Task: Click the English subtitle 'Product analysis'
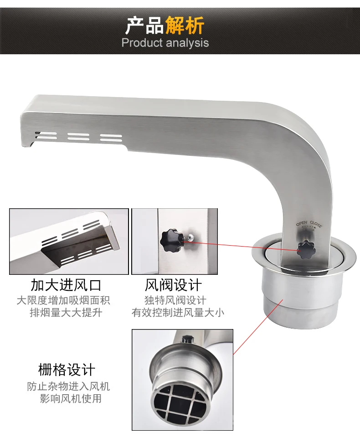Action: click(165, 43)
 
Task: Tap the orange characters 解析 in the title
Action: click(185, 26)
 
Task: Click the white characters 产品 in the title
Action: click(145, 26)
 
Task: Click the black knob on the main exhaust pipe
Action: click(305, 249)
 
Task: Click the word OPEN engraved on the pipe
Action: click(302, 223)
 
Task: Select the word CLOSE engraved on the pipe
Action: click(316, 224)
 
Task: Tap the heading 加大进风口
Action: click(66, 285)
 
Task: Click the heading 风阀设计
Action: click(173, 285)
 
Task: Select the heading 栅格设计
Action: click(67, 370)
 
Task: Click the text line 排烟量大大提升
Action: click(66, 313)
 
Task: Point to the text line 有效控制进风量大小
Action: click(178, 313)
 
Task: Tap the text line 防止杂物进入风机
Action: click(68, 386)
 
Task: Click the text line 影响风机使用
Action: click(71, 399)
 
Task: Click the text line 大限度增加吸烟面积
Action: click(63, 300)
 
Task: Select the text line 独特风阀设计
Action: click(175, 300)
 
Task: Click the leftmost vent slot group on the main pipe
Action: click(46, 135)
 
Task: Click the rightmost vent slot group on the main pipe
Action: click(111, 137)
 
